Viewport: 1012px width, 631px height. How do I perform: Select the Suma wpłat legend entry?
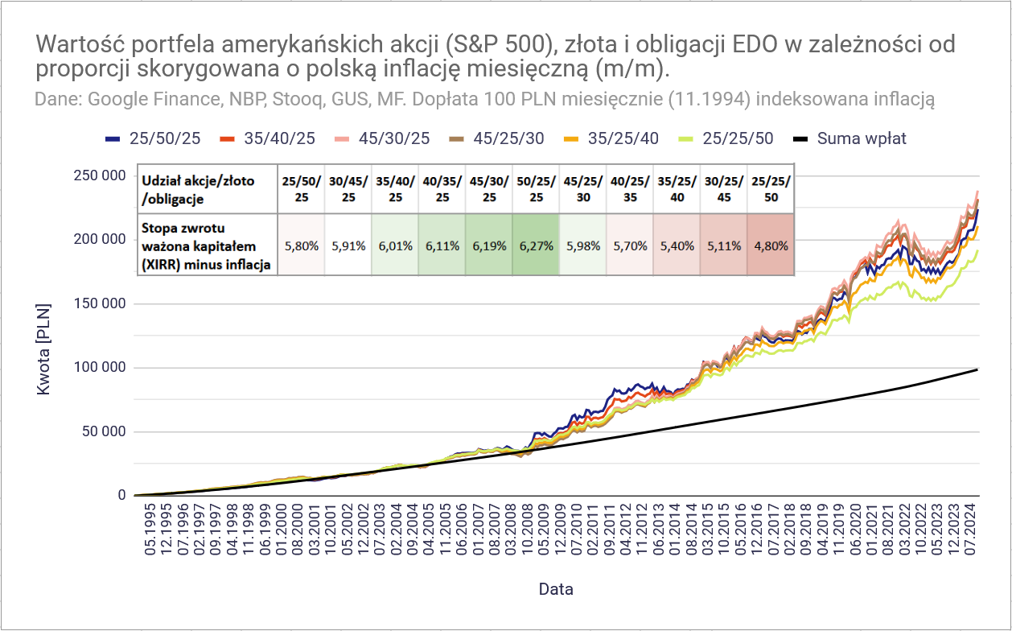tap(861, 138)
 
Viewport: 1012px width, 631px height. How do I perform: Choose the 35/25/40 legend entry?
tap(622, 138)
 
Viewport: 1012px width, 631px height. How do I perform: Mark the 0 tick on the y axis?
tap(121, 496)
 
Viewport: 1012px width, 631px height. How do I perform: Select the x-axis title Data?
tap(556, 589)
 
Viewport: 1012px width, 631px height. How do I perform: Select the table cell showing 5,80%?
tap(300, 245)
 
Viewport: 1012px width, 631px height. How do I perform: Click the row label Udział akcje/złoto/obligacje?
tap(197, 189)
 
